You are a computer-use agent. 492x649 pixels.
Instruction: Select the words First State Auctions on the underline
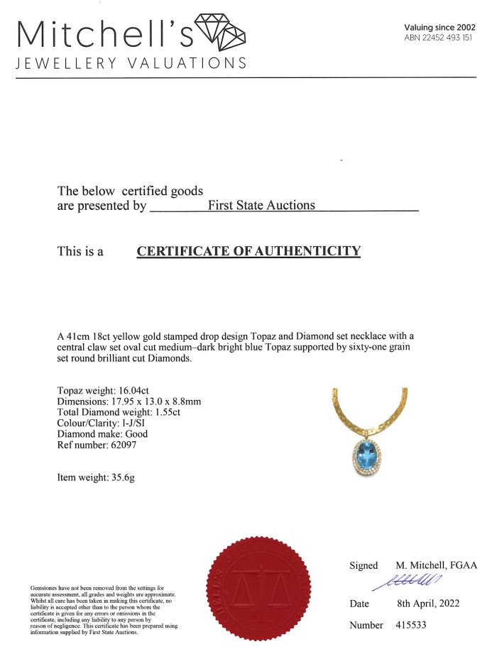coord(261,205)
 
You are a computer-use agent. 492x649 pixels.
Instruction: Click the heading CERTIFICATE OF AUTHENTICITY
coord(248,251)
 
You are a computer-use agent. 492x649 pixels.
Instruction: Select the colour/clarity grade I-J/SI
coord(129,423)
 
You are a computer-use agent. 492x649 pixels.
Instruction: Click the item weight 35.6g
coord(120,477)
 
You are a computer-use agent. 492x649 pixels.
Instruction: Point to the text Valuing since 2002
coord(439,27)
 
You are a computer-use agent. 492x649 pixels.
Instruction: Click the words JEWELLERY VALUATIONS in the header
coord(131,63)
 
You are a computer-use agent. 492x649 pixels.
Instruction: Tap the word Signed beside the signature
coord(363,565)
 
